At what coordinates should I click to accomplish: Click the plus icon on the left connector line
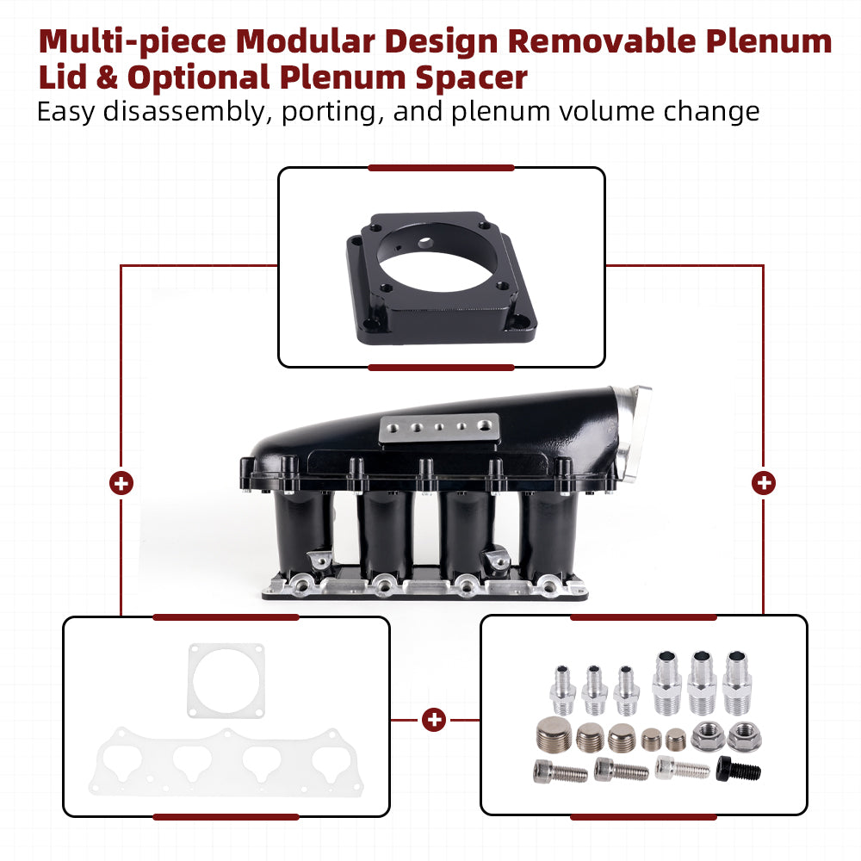pyautogui.click(x=121, y=483)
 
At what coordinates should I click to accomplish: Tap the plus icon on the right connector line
pyautogui.click(x=763, y=483)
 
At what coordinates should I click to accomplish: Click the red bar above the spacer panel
pyautogui.click(x=441, y=168)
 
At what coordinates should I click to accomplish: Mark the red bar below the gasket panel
pyautogui.click(x=226, y=816)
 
